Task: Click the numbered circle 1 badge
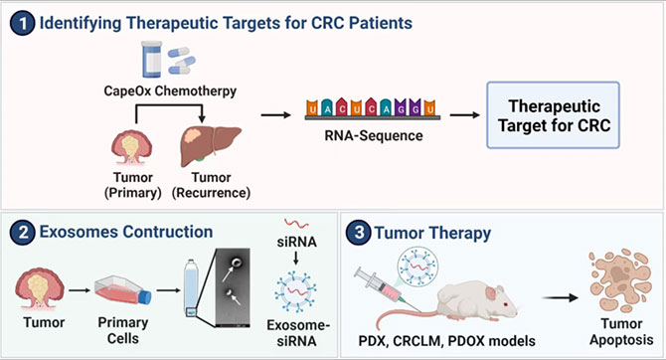[22, 24]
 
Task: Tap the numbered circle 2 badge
[22, 233]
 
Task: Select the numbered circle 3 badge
[359, 233]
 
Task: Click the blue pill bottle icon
[152, 59]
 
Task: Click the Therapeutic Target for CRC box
[553, 115]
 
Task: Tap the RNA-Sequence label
[374, 136]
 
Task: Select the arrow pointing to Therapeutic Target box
[464, 114]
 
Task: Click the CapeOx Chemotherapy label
[170, 90]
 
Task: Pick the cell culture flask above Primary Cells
[122, 290]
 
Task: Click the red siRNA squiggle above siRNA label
[296, 224]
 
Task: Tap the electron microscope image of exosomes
[233, 287]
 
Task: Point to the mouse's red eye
[505, 304]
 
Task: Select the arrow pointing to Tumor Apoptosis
[561, 298]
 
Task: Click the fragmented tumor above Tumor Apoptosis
[620, 280]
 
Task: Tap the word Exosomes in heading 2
[80, 232]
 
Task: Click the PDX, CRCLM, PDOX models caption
[447, 341]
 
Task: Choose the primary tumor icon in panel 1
[131, 147]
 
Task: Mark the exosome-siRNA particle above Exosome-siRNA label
[295, 292]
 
